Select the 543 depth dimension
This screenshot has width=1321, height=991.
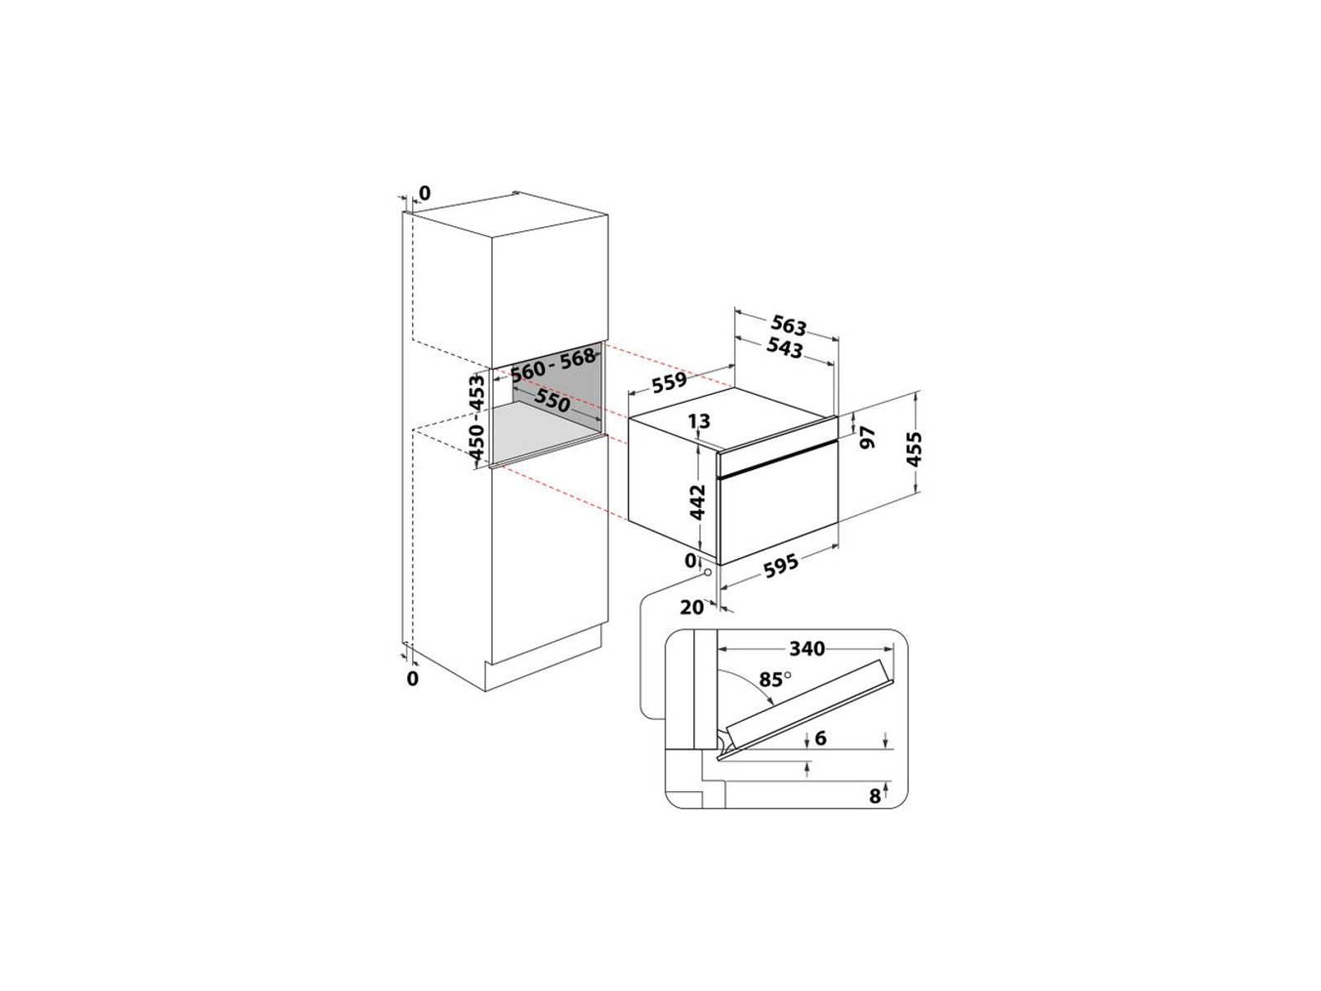784,348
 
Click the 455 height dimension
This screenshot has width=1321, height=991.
914,449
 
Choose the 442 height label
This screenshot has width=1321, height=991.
696,501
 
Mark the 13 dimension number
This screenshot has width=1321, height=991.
698,420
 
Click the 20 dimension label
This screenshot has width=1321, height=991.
692,608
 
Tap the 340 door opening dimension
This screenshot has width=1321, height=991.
807,648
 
